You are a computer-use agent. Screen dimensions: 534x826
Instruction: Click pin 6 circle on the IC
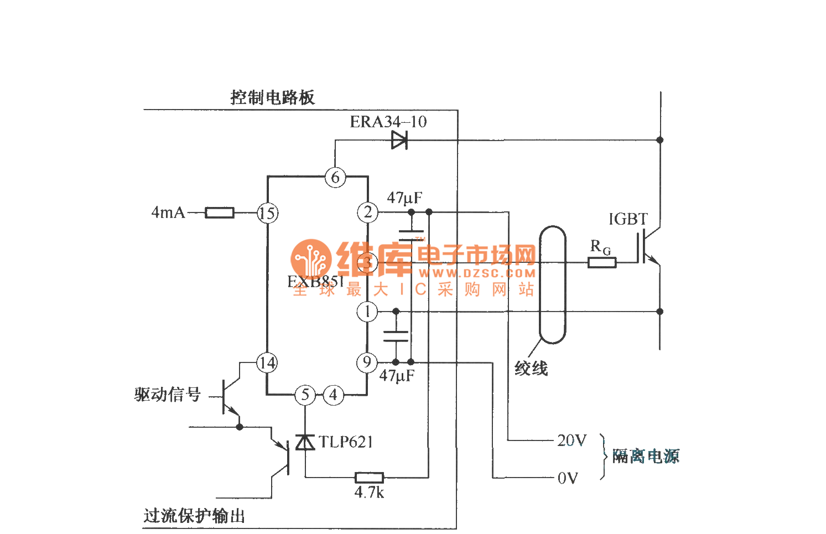tap(335, 177)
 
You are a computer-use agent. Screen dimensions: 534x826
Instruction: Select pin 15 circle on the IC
tap(267, 213)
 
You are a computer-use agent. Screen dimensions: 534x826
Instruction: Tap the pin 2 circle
tap(368, 212)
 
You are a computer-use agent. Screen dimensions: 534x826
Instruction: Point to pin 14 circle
tap(267, 363)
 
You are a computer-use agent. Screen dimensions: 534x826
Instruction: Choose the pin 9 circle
tap(367, 362)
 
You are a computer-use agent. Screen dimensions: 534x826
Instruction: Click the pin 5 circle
tap(305, 395)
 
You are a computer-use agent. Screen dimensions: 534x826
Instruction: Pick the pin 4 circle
tap(333, 395)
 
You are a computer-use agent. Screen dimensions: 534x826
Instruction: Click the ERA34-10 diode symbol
tap(399, 141)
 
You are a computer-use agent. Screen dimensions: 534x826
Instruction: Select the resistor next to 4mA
tap(220, 213)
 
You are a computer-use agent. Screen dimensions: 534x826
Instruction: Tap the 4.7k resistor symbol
tap(369, 477)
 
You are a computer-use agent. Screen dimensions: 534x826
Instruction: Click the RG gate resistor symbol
tap(602, 262)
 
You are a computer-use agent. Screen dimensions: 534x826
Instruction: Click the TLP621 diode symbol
tap(305, 442)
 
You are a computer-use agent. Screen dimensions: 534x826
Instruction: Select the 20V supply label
tap(572, 440)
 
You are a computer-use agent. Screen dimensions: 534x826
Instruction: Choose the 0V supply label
tap(568, 478)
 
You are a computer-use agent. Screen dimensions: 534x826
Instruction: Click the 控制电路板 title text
tap(272, 98)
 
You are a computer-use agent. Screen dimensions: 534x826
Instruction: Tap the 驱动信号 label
tap(167, 395)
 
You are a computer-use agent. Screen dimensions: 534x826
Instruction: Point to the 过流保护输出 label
tap(194, 516)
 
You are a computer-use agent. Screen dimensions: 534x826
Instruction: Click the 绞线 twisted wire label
tap(531, 369)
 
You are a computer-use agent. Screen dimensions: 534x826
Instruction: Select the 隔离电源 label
tap(646, 457)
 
